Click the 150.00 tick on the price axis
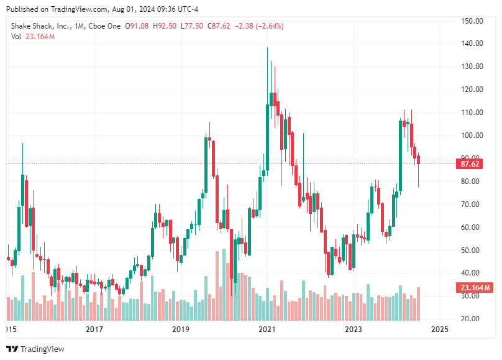[473, 21]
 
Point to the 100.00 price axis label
[473, 136]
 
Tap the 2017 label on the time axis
[94, 329]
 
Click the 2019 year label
[180, 329]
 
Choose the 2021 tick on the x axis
[267, 329]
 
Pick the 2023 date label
[354, 329]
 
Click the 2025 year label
[440, 329]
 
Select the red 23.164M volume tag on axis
[475, 287]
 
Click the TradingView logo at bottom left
[35, 349]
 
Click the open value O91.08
[137, 26]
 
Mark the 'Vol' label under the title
[17, 37]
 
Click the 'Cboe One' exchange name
[106, 26]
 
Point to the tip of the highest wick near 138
[268, 48]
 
